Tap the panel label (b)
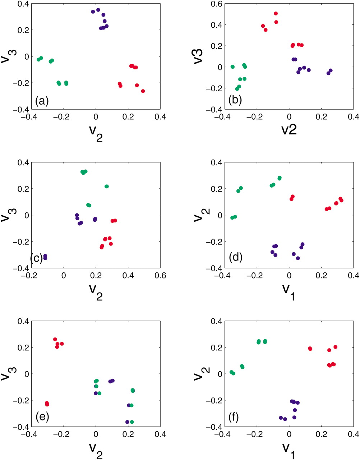coord(235,100)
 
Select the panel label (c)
coord(37,258)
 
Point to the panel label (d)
coord(235,257)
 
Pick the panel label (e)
coord(42,417)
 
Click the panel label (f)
coord(235,417)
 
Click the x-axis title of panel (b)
coord(289,129)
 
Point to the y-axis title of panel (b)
coord(199,56)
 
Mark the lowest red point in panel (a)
coord(143,91)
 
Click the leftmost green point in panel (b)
coord(232,67)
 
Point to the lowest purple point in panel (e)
coord(127,422)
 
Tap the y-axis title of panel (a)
coord(6,56)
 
